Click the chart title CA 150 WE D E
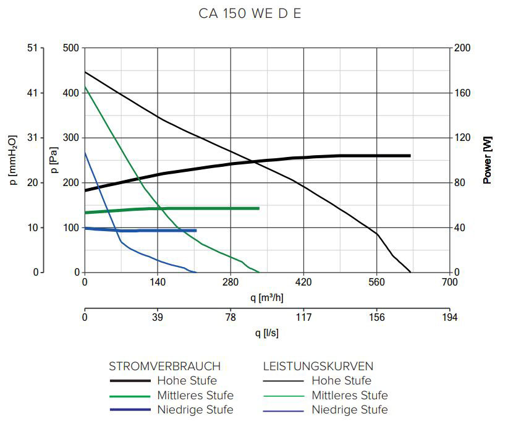point(250,14)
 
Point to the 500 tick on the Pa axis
point(71,48)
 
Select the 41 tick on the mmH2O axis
point(32,93)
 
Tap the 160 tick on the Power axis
point(463,93)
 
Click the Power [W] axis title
point(488,160)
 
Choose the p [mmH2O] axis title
point(13,160)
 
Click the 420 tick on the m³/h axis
point(303,282)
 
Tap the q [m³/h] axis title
point(267,297)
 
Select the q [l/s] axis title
point(267,333)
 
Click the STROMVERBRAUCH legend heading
point(164,366)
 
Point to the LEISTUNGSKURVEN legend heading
point(318,366)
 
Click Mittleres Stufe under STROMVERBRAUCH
point(195,395)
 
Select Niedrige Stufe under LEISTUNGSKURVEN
point(349,410)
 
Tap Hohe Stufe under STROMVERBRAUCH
point(187,380)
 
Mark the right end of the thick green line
point(258,208)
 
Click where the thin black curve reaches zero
point(410,272)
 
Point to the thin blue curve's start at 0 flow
point(85,152)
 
